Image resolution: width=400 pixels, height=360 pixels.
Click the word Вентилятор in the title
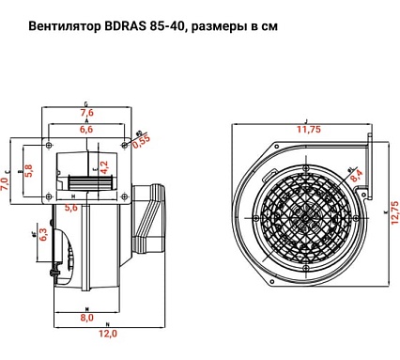pyautogui.click(x=56, y=26)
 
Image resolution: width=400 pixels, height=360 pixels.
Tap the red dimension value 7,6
pyautogui.click(x=85, y=113)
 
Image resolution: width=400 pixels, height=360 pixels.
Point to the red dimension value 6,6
pyautogui.click(x=85, y=130)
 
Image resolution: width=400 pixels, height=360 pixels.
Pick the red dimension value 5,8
pyautogui.click(x=28, y=170)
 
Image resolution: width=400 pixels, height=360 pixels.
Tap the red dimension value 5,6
pyautogui.click(x=71, y=208)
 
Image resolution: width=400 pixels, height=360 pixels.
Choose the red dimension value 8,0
pyautogui.click(x=85, y=318)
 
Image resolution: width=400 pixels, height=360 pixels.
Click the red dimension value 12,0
pyautogui.click(x=108, y=334)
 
